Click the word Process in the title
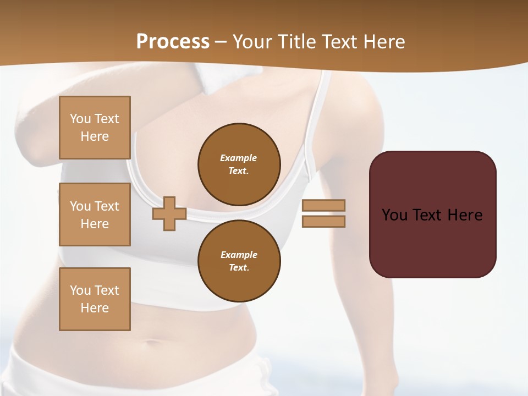click(x=173, y=42)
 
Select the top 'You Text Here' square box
click(x=95, y=128)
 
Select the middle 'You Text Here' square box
click(x=95, y=215)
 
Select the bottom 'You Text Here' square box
click(x=95, y=299)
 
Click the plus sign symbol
click(x=169, y=213)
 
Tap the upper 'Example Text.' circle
click(x=239, y=164)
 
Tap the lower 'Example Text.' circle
click(x=239, y=261)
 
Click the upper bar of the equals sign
click(x=323, y=206)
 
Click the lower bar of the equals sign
click(x=323, y=222)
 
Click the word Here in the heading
click(x=384, y=42)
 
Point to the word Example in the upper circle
click(x=239, y=158)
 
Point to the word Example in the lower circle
click(x=239, y=255)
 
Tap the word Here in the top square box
click(x=95, y=136)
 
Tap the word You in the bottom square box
click(x=80, y=290)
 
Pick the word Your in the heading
click(x=252, y=42)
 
